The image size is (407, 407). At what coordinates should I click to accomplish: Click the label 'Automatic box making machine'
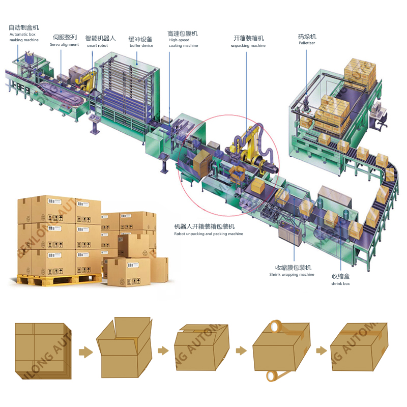point(23,37)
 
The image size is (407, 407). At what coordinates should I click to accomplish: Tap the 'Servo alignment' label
point(65,44)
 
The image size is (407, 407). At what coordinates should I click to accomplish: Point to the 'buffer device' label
point(141,45)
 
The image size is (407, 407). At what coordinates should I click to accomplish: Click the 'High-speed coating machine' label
point(183,42)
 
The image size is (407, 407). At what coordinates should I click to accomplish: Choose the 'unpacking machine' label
point(248,45)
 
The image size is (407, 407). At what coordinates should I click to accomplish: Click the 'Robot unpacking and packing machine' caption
point(209,234)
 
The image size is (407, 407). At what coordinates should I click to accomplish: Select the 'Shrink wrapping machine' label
point(292,274)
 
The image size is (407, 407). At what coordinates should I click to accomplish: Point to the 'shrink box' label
point(341,283)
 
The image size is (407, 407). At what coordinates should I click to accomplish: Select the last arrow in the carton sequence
point(321,351)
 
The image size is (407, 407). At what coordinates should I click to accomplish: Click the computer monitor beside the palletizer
point(377,108)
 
